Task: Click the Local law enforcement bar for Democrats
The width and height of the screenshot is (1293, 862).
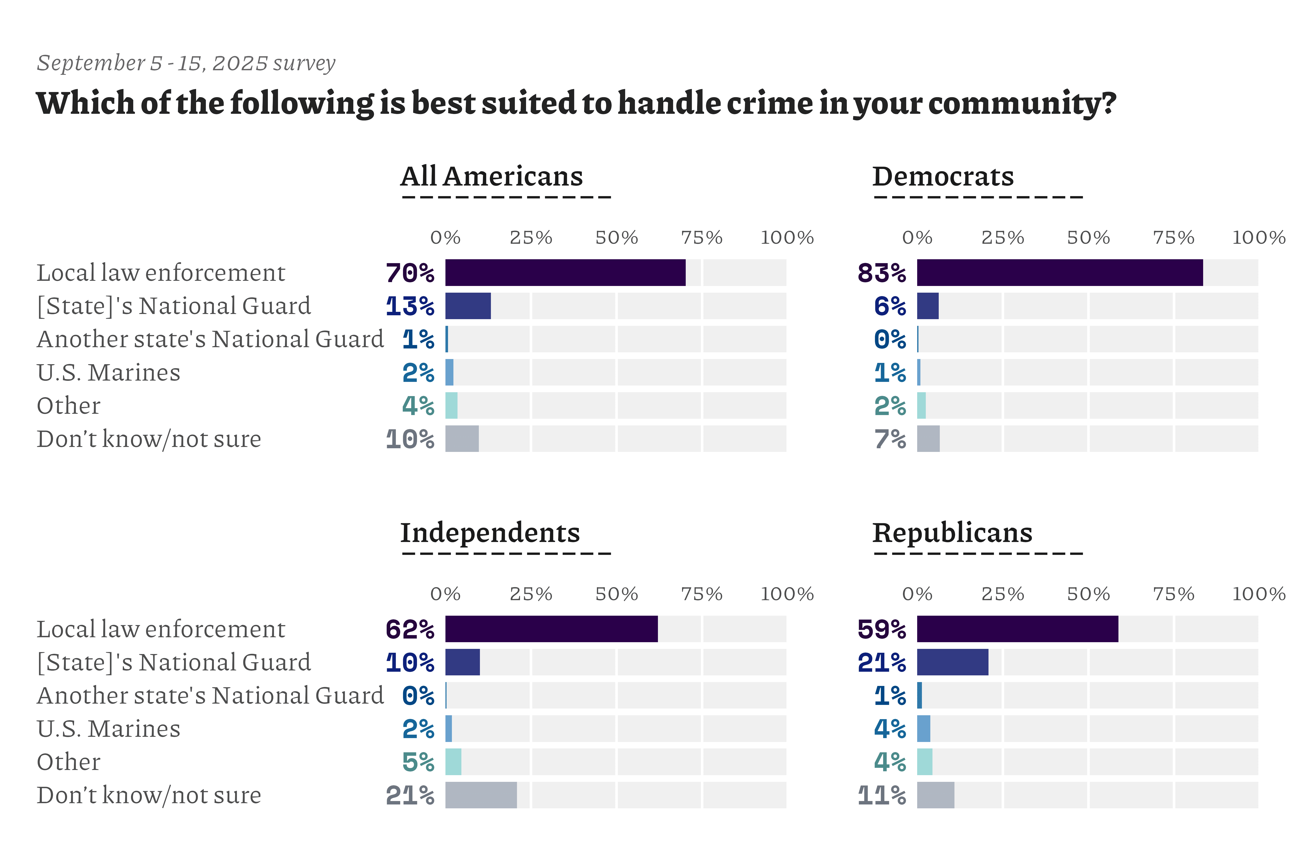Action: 1059,273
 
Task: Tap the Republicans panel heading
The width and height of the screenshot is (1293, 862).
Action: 952,533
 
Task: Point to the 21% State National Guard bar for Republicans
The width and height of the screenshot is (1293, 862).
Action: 952,662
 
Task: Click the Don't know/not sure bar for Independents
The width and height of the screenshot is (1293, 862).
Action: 481,795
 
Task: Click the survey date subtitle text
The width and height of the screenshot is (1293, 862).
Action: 186,63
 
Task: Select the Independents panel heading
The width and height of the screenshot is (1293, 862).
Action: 490,533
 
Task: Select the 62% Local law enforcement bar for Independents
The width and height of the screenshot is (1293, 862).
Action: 551,629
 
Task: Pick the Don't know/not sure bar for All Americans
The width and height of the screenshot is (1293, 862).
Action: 462,439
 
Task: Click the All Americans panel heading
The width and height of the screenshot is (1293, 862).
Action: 492,176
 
